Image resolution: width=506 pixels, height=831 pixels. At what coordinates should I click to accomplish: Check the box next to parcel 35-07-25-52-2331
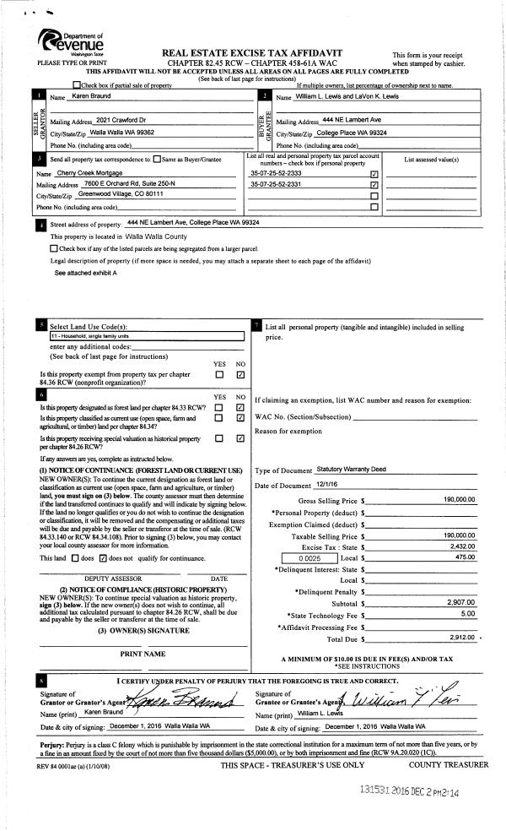[374, 184]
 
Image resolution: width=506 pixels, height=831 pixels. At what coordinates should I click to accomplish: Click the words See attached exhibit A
[86, 274]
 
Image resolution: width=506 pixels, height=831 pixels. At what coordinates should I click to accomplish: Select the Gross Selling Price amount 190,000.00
[459, 500]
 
